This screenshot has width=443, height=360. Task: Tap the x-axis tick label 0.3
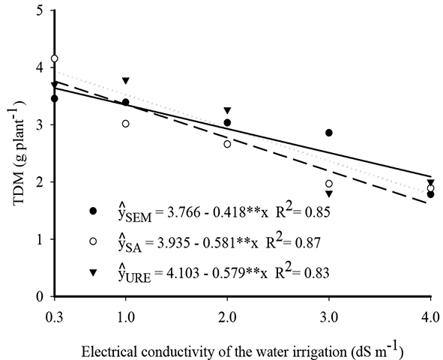[54, 311]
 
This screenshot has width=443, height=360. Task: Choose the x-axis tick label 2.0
[227, 311]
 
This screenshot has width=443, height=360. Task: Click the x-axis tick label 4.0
[430, 311]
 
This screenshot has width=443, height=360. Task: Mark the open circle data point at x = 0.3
[54, 58]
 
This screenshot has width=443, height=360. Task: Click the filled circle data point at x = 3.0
[329, 133]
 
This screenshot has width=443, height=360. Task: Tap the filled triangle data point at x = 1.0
[126, 80]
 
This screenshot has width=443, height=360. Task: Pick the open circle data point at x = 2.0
[227, 144]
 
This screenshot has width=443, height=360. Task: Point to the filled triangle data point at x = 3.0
[329, 193]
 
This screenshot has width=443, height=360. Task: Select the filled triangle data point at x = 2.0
[227, 110]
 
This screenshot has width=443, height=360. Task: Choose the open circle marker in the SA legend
[91, 242]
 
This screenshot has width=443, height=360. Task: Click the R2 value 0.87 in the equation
[309, 243]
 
